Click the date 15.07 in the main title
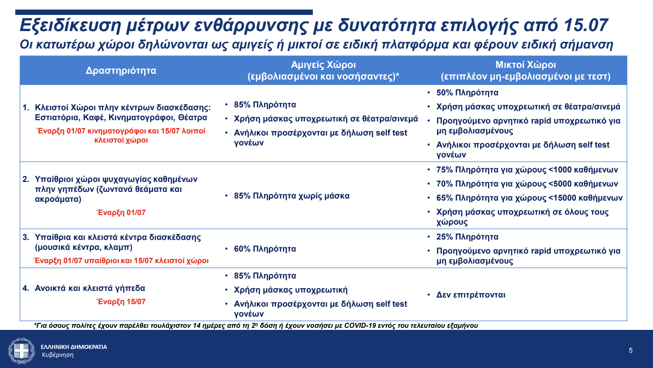(586, 25)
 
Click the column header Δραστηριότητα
(121, 70)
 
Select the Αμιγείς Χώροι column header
(323, 65)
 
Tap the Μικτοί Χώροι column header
(526, 65)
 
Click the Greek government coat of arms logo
(22, 351)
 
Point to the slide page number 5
(630, 351)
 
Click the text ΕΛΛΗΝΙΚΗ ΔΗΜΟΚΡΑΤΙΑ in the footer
(74, 347)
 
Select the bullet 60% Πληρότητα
(265, 249)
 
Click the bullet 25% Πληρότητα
(467, 237)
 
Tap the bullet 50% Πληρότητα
(467, 92)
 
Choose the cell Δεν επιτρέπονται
(471, 295)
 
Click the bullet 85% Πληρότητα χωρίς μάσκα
(291, 196)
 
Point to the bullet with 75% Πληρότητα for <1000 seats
(527, 169)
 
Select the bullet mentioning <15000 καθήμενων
(529, 198)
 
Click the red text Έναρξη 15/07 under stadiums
(121, 302)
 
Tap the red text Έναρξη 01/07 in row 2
(121, 213)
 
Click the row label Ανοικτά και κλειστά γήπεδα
(90, 288)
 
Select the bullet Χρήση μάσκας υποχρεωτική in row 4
(290, 290)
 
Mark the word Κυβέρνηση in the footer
(58, 355)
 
